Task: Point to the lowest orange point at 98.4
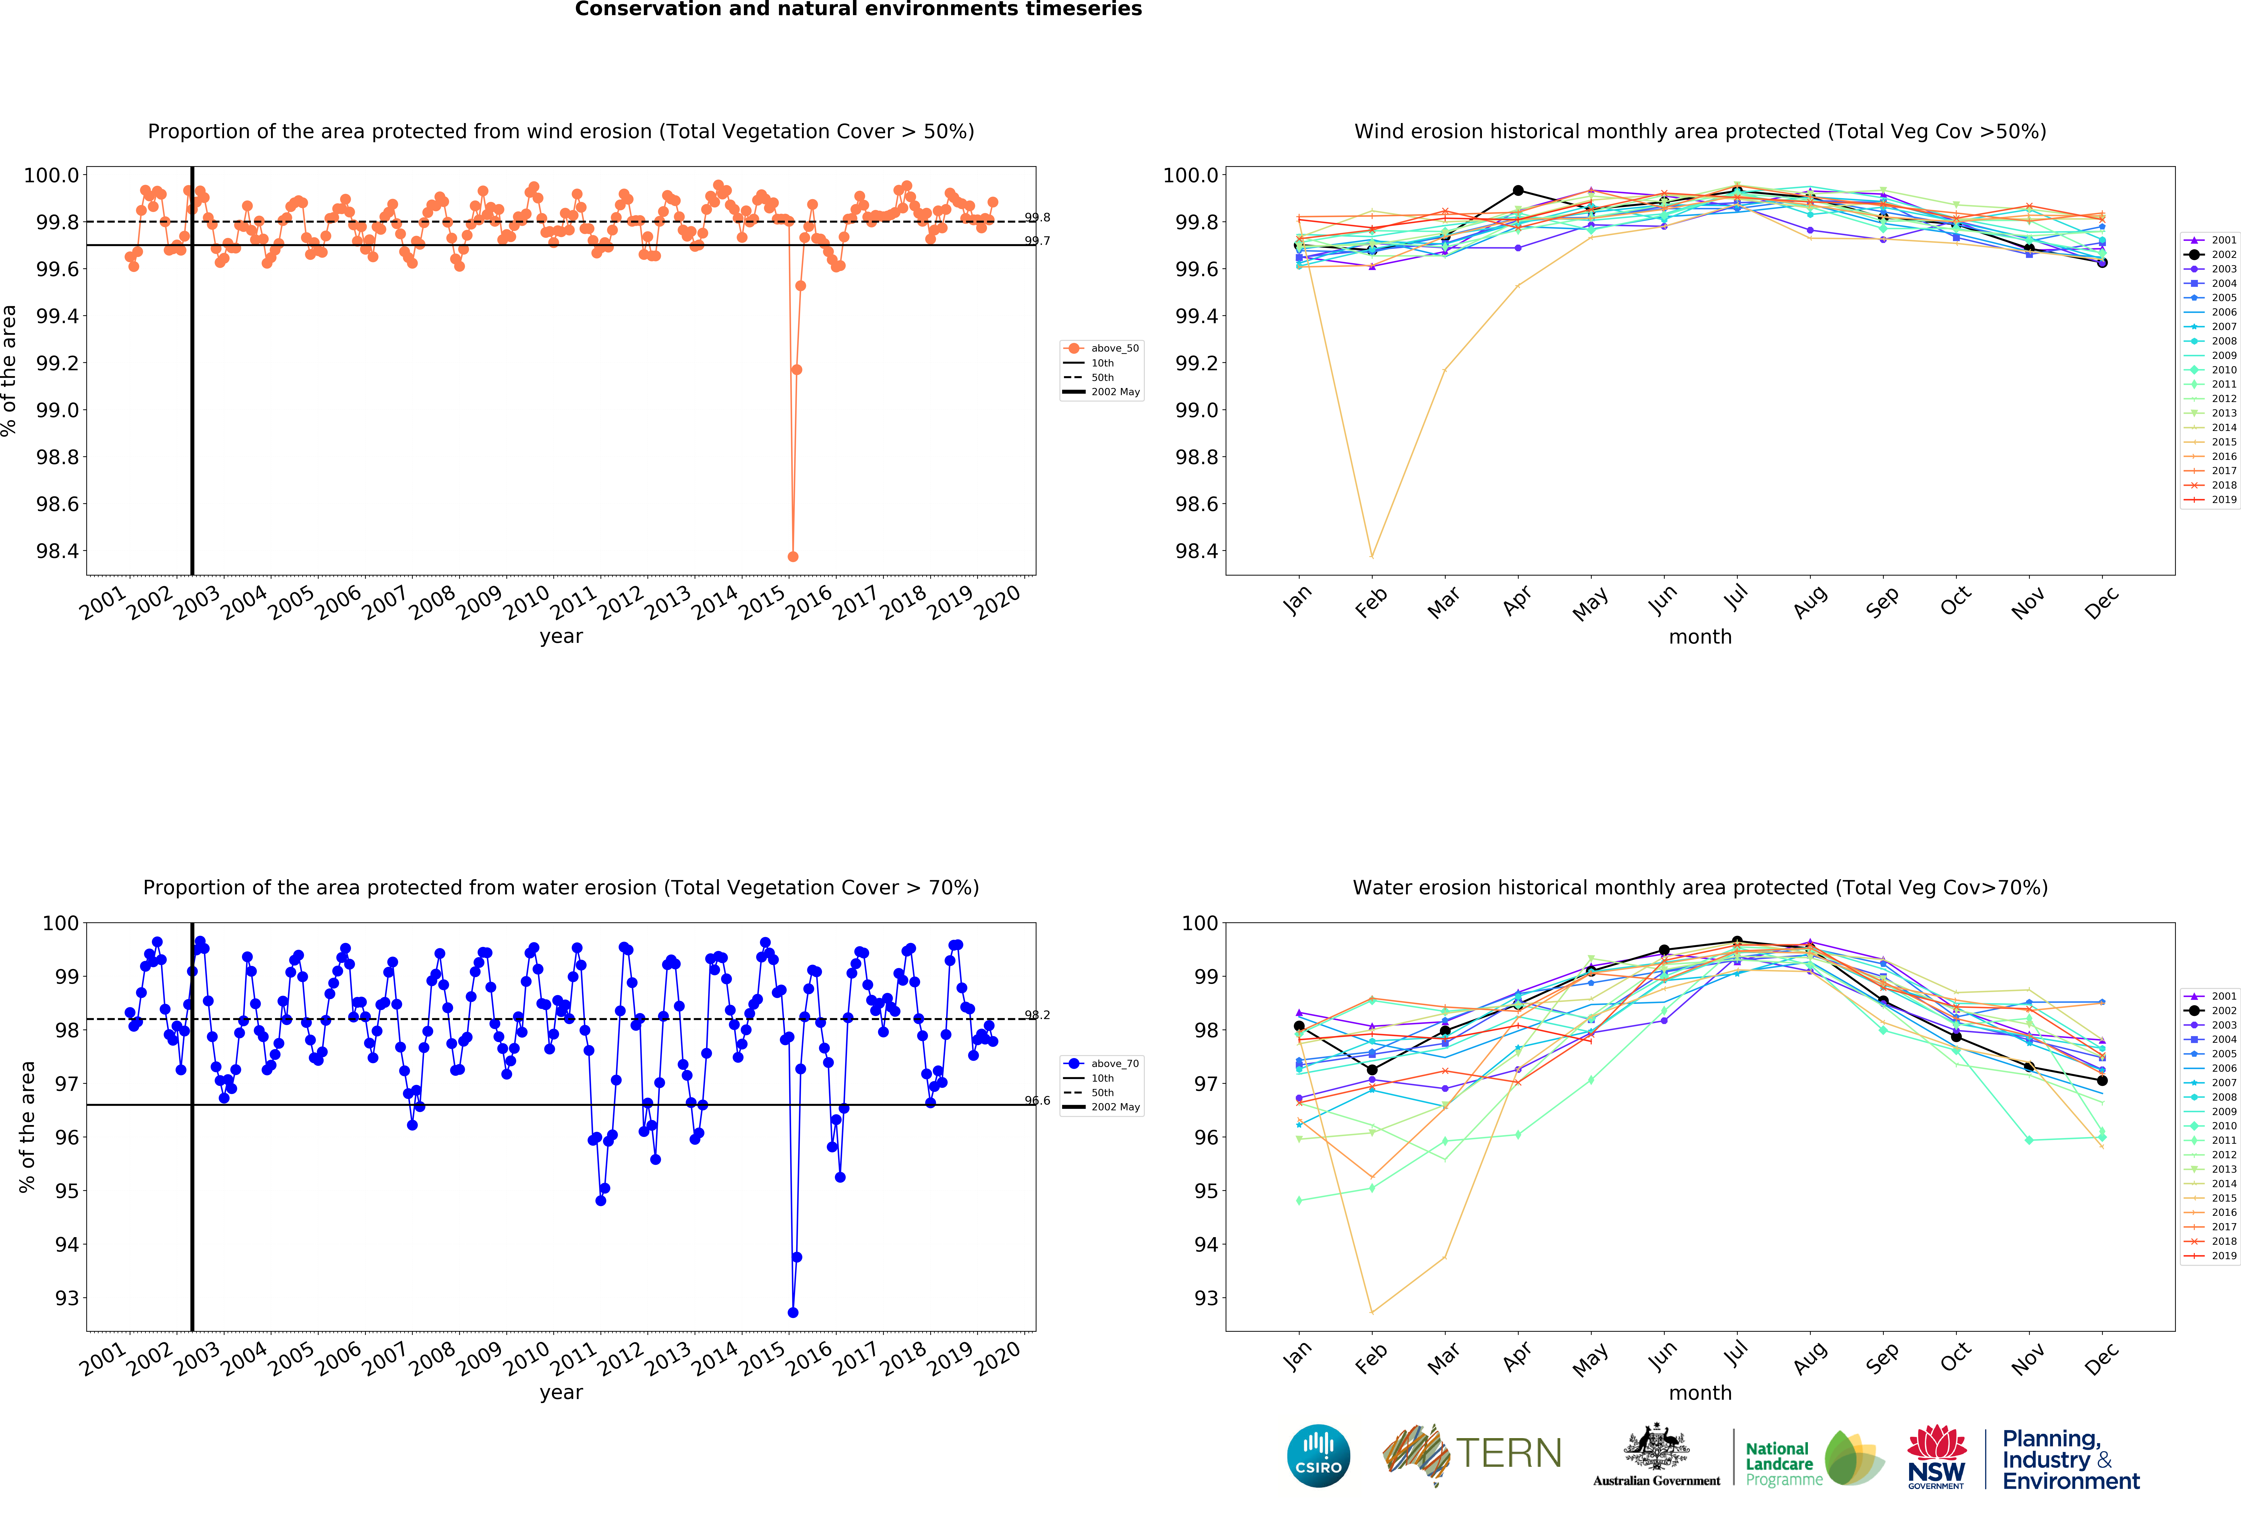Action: (x=793, y=556)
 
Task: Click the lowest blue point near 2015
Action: (x=793, y=1313)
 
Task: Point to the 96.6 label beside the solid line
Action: (x=1038, y=1100)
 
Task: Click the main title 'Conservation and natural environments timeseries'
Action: (x=858, y=10)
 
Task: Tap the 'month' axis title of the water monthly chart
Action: (x=1700, y=1392)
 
